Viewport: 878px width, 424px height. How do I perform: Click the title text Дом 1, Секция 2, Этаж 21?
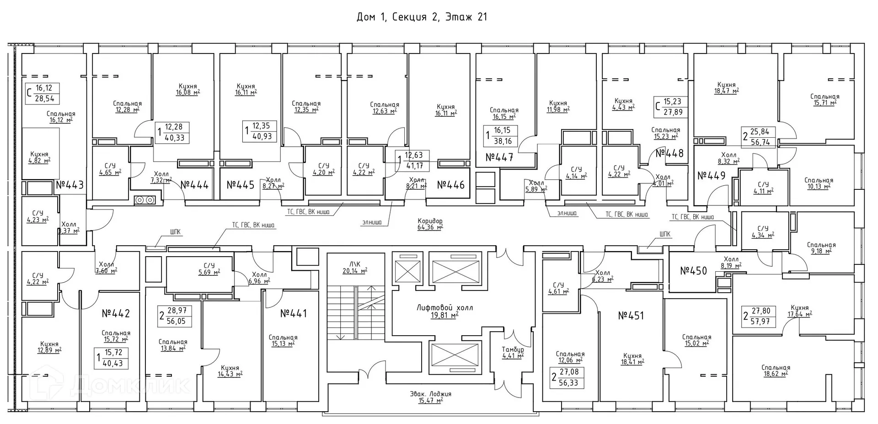point(422,17)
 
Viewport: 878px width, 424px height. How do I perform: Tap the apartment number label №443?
point(70,185)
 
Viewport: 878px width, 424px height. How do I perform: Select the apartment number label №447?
point(499,157)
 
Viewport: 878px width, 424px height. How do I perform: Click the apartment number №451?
point(631,316)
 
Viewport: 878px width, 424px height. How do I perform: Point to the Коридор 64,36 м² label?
point(430,224)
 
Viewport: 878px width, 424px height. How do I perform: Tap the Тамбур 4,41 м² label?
point(513,353)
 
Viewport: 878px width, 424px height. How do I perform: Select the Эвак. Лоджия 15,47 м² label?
point(430,397)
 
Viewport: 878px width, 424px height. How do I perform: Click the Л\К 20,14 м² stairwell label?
point(354,267)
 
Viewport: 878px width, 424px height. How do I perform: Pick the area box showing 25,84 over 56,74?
point(759,137)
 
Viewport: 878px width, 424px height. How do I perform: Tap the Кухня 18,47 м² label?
point(726,88)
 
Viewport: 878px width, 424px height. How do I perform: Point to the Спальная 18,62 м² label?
point(776,370)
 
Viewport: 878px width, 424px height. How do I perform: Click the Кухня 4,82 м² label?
point(39,157)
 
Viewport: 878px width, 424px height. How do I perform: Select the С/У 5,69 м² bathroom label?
point(209,268)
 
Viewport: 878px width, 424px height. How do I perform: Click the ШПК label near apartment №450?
point(665,234)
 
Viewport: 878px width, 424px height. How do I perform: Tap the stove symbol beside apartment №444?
point(145,200)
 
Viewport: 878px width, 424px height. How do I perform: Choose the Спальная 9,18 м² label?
point(821,247)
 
